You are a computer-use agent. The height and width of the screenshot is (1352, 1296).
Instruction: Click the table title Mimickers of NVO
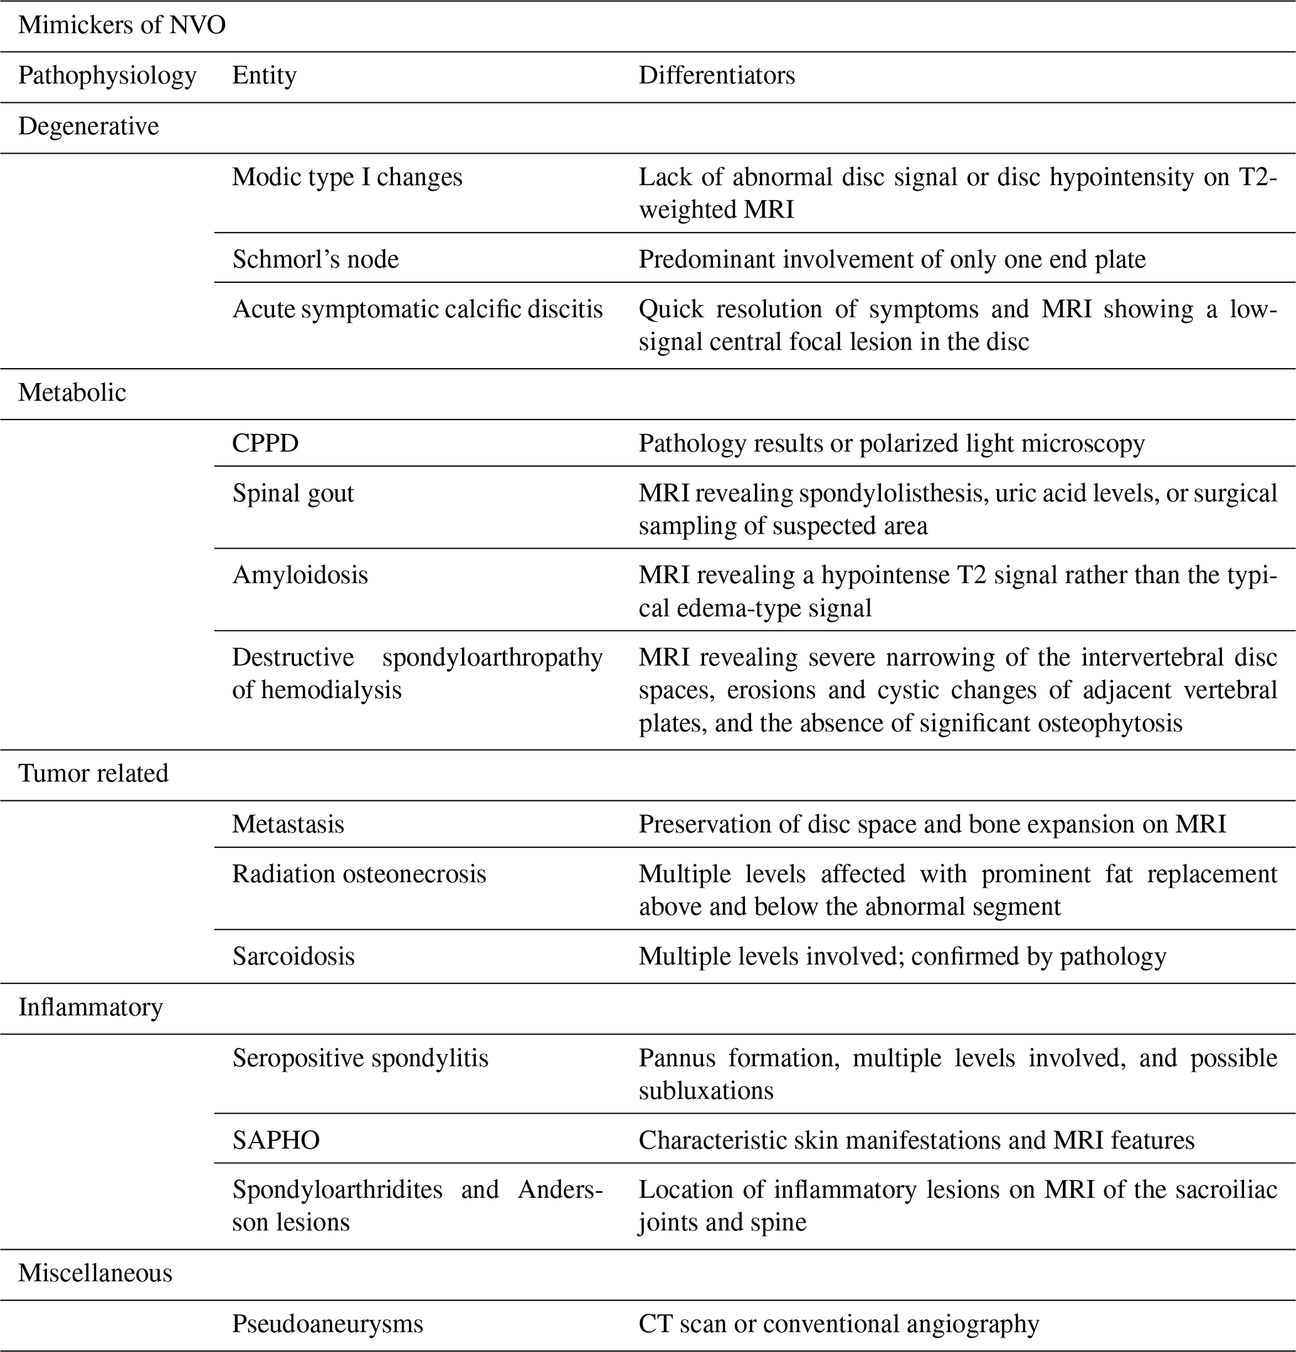[x=122, y=25]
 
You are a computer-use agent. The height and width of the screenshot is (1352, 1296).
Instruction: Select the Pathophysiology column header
[x=107, y=75]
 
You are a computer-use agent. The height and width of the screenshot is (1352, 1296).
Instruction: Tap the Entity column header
[x=264, y=75]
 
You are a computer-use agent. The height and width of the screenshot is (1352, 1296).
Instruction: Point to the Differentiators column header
[x=717, y=75]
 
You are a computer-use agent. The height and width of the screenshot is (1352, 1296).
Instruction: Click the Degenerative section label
[x=88, y=126]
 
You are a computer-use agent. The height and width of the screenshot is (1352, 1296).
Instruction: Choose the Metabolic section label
[x=73, y=393]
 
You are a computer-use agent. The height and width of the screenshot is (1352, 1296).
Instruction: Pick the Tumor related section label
[x=93, y=773]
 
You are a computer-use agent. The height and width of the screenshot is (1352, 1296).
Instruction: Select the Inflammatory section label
[x=90, y=1007]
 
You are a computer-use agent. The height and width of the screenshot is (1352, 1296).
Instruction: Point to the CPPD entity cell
[x=265, y=443]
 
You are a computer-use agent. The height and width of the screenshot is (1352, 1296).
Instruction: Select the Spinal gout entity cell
[x=293, y=493]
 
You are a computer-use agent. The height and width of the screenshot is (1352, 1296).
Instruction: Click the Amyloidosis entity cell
[x=300, y=574]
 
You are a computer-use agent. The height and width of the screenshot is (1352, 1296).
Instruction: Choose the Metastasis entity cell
[x=288, y=823]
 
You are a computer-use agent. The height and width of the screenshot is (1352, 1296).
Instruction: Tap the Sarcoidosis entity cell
[x=293, y=956]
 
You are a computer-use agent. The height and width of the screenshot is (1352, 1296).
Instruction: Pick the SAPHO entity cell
[x=276, y=1140]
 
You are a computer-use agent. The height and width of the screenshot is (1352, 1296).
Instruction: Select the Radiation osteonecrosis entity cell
[x=359, y=874]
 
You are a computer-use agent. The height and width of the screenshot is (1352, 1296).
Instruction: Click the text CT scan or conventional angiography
[x=839, y=1324]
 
